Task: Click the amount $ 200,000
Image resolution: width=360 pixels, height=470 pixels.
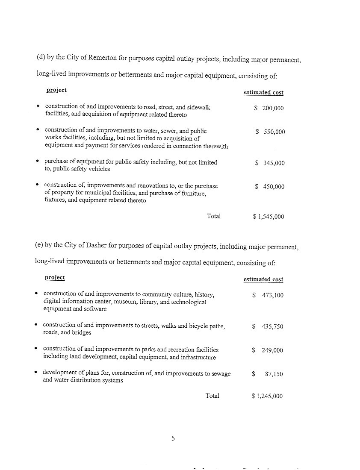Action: click(269, 109)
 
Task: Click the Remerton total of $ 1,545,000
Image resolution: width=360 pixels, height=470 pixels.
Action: click(268, 217)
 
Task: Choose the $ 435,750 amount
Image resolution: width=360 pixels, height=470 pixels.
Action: click(267, 327)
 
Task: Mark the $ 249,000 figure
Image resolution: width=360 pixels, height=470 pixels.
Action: click(267, 350)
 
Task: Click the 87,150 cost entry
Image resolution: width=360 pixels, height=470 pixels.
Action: click(274, 374)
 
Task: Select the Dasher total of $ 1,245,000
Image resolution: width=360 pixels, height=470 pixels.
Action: click(267, 396)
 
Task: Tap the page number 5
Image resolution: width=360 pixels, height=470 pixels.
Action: click(173, 438)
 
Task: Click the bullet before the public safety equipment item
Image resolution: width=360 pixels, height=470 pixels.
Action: click(38, 161)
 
